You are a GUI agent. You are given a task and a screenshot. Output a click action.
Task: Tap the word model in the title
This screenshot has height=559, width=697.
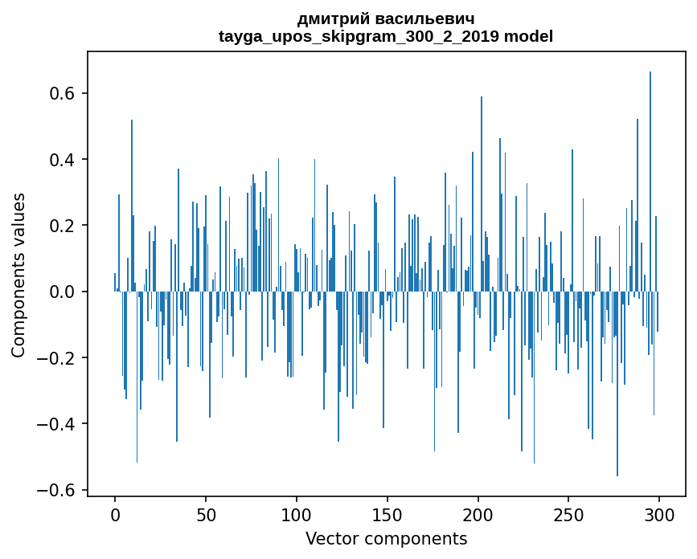coord(528,36)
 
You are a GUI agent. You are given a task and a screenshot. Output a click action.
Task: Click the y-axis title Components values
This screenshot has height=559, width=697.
coord(18,275)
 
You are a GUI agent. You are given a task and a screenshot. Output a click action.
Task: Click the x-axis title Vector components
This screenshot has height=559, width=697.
coord(386,538)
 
